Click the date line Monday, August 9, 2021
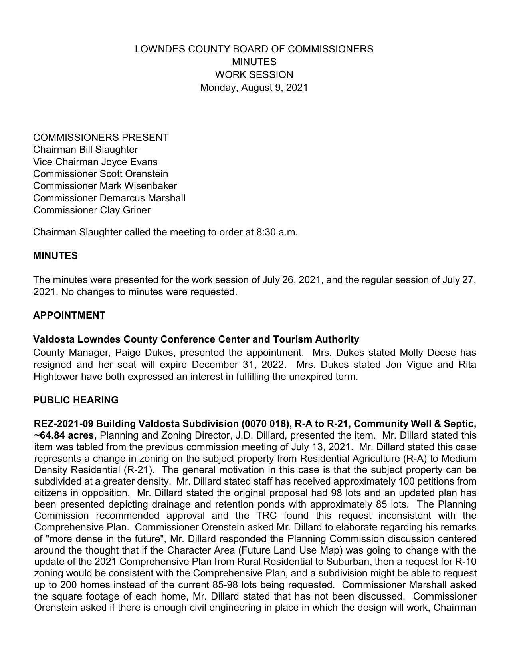pos(254,88)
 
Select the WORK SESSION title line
pos(254,75)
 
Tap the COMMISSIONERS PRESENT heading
pos(101,138)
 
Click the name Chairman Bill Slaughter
pos(85,150)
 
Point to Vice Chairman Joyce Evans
pos(95,162)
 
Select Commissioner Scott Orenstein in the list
pos(101,174)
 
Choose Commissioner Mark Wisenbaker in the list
pos(105,186)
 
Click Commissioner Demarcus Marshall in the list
pos(109,198)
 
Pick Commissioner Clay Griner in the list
pos(92,210)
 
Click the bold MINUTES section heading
pos(55,256)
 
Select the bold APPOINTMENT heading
pos(69,315)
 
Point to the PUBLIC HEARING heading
pos(76,400)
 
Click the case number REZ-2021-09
pos(64,424)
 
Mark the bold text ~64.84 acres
pos(65,435)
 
